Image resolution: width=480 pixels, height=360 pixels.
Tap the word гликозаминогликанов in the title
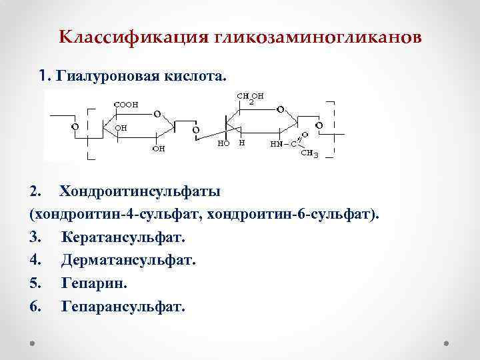pyautogui.click(x=318, y=37)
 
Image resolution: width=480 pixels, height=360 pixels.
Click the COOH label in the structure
pyautogui.click(x=126, y=104)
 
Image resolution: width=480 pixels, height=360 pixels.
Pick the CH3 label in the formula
pyautogui.click(x=310, y=154)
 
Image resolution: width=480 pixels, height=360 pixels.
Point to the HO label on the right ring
pyautogui.click(x=224, y=143)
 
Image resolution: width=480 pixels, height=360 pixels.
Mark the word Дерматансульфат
pyautogui.click(x=129, y=260)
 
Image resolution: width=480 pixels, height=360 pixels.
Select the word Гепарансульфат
pyautogui.click(x=122, y=306)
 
